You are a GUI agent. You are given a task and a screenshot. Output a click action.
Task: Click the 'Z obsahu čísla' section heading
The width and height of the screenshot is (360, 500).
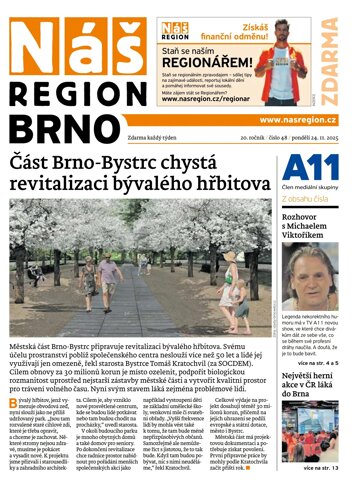(307, 198)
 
